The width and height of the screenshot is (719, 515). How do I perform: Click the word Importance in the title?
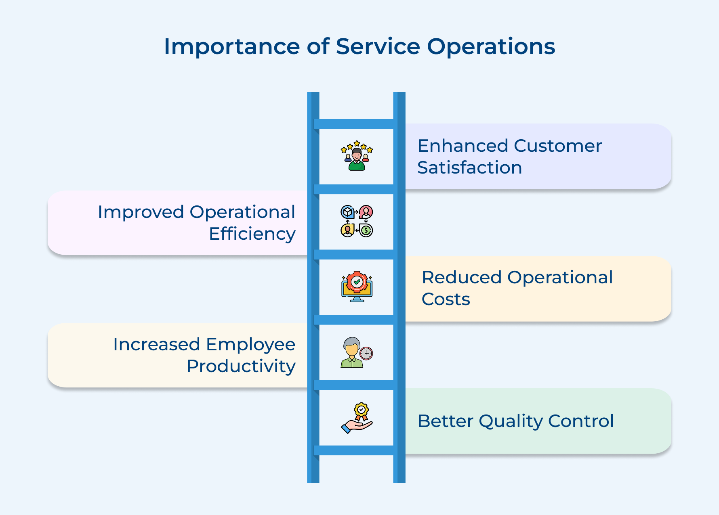232,47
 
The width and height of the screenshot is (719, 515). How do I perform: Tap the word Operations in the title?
491,47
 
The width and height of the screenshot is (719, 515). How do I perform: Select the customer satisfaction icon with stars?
357,156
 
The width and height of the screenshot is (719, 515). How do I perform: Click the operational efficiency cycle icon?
357,221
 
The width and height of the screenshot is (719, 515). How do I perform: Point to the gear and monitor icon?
357,287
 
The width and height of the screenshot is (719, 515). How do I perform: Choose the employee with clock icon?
357,352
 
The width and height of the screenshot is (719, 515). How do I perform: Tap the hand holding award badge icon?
357,418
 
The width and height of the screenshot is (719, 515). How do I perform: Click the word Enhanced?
463,146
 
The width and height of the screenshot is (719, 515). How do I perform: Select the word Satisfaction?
469,167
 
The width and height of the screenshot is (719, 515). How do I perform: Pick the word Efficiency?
252,234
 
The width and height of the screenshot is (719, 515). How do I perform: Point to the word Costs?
446,299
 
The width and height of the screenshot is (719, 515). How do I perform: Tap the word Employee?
250,344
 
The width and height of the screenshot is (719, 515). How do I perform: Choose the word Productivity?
241,366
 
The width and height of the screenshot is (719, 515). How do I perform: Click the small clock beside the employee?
366,353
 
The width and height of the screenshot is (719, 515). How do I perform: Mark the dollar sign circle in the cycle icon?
366,230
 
